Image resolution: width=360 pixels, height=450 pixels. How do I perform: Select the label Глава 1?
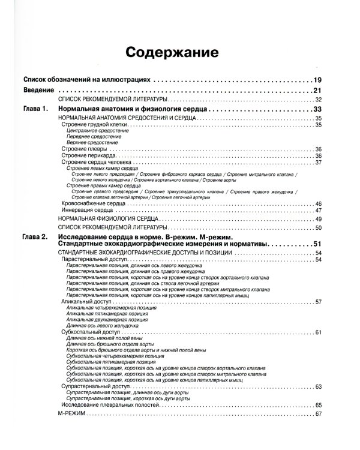[x=34, y=110]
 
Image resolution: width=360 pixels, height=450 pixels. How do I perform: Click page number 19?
[x=318, y=80]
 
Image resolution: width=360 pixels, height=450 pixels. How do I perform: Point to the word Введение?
[x=39, y=90]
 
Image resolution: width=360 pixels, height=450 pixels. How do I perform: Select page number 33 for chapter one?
[x=318, y=110]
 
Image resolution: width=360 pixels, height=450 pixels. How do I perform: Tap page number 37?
[x=319, y=163]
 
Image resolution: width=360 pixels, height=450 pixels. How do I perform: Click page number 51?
[x=318, y=244]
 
